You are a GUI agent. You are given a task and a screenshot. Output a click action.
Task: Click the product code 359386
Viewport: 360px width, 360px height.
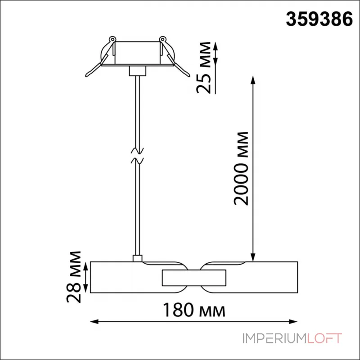(319, 19)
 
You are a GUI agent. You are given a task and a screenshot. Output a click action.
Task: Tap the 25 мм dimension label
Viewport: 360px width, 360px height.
(204, 68)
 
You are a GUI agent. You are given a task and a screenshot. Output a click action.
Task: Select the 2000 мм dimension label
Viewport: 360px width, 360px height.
(241, 168)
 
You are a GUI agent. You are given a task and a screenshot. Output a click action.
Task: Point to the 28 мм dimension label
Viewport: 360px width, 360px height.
(74, 277)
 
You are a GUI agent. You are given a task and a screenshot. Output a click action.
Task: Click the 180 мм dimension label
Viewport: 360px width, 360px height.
(194, 310)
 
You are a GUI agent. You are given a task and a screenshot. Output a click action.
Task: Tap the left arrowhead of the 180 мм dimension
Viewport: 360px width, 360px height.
(94, 322)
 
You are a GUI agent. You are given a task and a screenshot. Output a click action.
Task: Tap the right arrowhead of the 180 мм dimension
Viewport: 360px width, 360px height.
(293, 322)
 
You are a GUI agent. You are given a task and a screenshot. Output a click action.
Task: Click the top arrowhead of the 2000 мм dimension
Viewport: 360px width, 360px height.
(253, 80)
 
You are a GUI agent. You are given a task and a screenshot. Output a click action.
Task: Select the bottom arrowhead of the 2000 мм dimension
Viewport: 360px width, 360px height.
(253, 257)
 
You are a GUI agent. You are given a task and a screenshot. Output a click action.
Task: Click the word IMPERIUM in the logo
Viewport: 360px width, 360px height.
(274, 338)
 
